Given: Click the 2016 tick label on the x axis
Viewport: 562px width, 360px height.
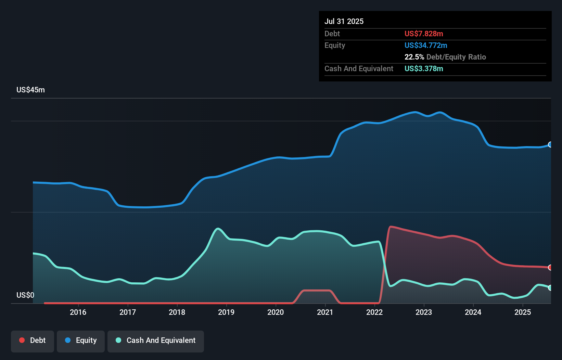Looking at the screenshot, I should click(x=78, y=312).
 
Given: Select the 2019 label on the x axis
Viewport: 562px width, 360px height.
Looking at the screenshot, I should click(x=226, y=312).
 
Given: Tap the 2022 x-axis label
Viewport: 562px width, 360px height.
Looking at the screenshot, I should click(x=374, y=312).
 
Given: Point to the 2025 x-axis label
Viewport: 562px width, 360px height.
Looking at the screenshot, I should click(x=523, y=312).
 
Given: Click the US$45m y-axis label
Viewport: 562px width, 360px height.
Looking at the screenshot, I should click(x=30, y=90).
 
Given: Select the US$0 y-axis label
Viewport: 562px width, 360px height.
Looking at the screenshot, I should click(x=25, y=295).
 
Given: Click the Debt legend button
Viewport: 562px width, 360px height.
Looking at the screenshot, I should click(x=33, y=340).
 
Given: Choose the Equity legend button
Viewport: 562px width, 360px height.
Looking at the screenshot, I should click(x=81, y=340).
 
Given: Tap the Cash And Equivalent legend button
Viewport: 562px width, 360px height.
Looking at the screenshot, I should click(x=156, y=340).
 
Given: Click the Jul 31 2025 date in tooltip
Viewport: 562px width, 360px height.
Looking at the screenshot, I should click(x=344, y=21).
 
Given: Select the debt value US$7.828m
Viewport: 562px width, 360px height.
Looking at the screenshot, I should click(x=424, y=34).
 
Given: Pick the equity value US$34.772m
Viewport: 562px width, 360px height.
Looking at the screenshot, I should click(x=426, y=45).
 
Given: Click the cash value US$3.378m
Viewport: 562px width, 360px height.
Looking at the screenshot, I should click(x=424, y=68).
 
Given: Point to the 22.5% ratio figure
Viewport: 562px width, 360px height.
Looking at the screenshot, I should click(x=414, y=57).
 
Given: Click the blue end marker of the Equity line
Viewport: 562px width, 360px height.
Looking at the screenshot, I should click(x=550, y=144).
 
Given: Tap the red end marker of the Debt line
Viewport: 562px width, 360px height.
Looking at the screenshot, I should click(x=550, y=267).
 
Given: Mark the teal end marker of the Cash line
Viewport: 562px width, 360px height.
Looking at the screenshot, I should click(x=550, y=288).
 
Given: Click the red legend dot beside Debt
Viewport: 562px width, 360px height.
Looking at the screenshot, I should click(x=22, y=340).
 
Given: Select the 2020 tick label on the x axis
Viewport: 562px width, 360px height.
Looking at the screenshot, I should click(x=276, y=312).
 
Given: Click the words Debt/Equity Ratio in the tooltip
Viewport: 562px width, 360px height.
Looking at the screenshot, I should click(x=456, y=57).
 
